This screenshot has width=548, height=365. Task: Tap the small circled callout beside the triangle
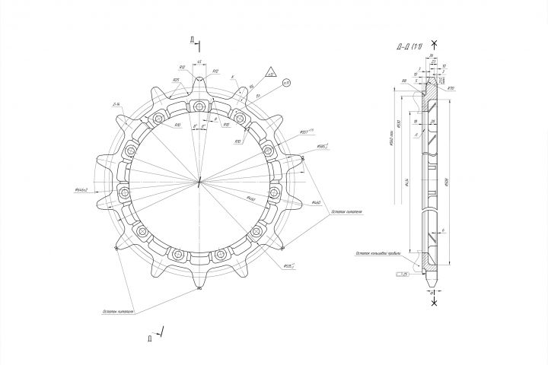[x=287, y=82]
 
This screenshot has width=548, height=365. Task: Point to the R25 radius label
[x=176, y=79]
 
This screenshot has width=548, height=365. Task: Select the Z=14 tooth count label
[x=116, y=105]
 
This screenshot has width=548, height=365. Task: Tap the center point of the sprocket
[x=199, y=181]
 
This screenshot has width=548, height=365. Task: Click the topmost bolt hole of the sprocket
[x=199, y=104]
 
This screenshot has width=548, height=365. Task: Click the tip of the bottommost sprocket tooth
[x=199, y=287]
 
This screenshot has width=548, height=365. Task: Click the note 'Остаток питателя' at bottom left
[x=118, y=312]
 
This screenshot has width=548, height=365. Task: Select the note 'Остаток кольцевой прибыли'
[x=374, y=254]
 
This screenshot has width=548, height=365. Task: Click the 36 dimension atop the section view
[x=430, y=56]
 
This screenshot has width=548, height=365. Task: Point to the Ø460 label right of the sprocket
[x=315, y=203]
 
